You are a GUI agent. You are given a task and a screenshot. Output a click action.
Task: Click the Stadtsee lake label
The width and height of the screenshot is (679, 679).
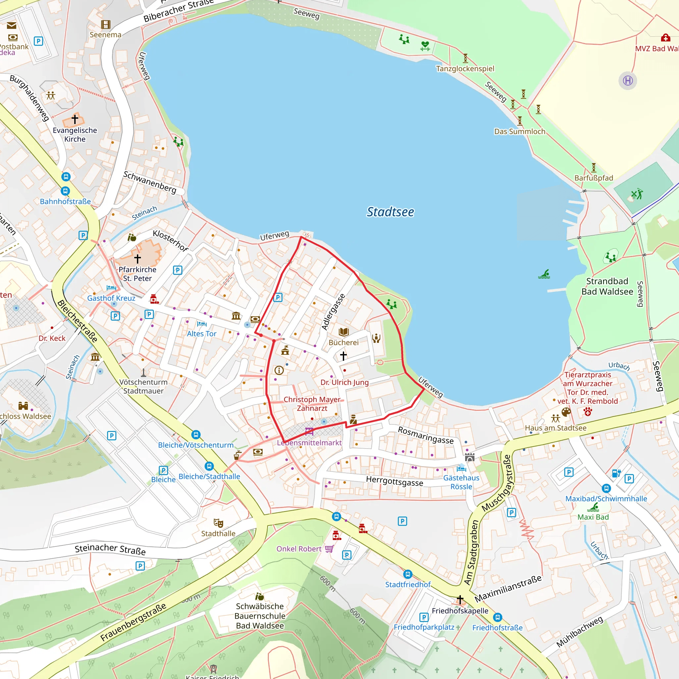pos(390,212)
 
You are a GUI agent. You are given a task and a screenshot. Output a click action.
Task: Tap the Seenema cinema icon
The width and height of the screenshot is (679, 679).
pos(106,24)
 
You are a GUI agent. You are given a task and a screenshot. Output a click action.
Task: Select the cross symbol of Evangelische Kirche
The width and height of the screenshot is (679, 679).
pos(75,119)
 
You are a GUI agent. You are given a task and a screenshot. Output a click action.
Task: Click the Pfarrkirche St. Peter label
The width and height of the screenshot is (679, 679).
pos(137,274)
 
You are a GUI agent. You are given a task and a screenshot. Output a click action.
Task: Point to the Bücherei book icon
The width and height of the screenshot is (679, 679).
pos(343,332)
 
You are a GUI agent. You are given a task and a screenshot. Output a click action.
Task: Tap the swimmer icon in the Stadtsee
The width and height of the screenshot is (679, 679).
pos(544,274)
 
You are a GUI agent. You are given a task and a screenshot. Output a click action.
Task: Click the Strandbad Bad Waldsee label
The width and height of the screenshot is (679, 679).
pos(607,286)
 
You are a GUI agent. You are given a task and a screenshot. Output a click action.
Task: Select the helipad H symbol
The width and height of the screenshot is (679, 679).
pos(628,81)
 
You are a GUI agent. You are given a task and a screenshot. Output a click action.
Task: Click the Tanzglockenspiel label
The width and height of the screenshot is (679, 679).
pos(465,69)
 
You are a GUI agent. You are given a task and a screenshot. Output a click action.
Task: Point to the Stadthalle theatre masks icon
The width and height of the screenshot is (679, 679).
pos(218,523)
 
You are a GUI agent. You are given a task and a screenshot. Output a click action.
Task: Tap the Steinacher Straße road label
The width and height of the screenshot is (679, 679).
pos(110,549)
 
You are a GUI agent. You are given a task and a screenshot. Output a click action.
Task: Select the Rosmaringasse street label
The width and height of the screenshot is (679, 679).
pos(426,435)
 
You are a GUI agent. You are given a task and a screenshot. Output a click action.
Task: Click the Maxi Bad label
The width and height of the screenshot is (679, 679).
pos(593,517)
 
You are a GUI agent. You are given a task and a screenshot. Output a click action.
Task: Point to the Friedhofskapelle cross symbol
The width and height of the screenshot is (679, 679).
pos(460,599)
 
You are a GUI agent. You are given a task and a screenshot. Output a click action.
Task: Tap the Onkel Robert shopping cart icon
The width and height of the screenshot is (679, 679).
pos(329,549)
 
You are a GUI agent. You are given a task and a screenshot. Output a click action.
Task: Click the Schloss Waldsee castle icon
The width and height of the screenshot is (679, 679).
pos(23,406)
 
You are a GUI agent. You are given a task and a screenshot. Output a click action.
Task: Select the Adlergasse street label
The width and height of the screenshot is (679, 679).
pos(333,312)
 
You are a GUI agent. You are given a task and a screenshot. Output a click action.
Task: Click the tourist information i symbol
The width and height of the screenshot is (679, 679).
pos(279,370)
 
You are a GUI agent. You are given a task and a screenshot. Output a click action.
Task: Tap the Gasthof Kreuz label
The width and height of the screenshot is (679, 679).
pos(111,298)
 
